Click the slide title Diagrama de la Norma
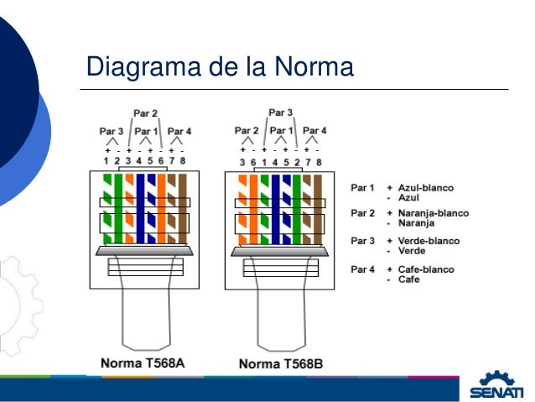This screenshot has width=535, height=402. (221, 65)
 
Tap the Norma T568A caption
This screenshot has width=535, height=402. (143, 363)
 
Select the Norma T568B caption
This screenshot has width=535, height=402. (281, 363)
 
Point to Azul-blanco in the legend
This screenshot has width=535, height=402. (426, 188)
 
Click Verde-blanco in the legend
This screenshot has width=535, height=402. (429, 241)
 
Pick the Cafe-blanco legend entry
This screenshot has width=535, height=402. (426, 269)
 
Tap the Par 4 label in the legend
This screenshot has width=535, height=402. (362, 269)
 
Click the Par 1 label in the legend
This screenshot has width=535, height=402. (362, 188)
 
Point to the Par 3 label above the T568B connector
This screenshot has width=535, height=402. (281, 112)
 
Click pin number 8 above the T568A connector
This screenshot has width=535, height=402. (183, 159)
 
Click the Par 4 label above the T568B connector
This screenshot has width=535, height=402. (314, 131)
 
